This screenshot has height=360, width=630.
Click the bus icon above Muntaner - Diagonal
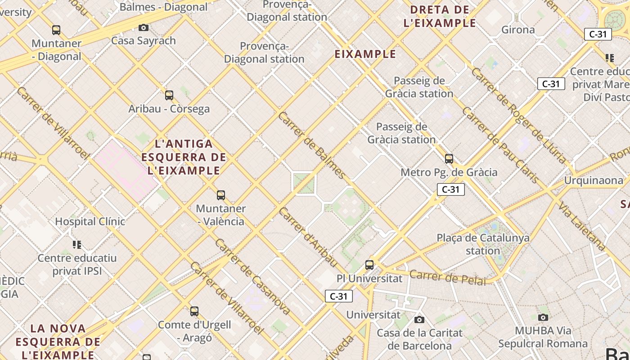tap(56, 30)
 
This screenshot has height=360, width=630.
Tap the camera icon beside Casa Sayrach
tap(144, 27)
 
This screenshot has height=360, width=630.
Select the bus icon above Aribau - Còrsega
tap(169, 95)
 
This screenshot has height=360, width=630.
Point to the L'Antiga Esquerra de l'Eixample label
tap(184, 157)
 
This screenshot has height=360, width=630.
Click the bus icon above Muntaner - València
tap(221, 195)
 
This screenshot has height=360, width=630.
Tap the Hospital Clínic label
tap(90, 221)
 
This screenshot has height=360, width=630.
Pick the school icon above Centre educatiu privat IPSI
tap(77, 245)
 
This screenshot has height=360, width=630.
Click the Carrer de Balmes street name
tap(312, 145)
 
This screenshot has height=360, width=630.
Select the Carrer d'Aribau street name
tap(308, 237)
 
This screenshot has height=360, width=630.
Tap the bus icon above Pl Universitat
tap(369, 265)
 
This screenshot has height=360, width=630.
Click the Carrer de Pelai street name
tap(448, 278)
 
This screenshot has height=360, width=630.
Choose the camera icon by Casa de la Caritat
tap(419, 319)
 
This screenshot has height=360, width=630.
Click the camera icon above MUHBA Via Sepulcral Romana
tap(543, 317)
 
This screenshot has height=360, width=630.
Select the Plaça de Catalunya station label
tap(483, 244)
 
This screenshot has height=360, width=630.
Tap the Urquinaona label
tap(594, 180)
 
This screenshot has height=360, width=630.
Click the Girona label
tap(518, 30)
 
